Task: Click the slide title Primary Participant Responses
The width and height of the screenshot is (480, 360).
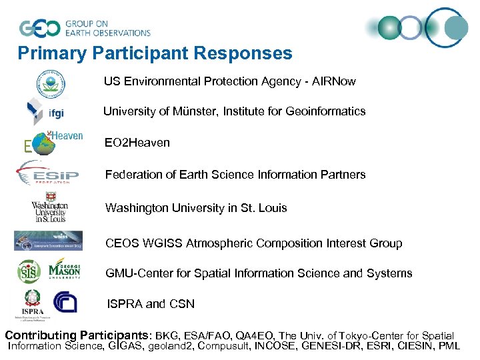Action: point(155,53)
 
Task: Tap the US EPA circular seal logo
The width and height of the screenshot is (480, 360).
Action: point(51,83)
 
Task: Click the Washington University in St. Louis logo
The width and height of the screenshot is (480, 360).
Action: point(49,209)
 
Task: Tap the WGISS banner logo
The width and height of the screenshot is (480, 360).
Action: point(49,240)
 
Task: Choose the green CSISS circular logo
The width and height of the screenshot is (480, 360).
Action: point(29,271)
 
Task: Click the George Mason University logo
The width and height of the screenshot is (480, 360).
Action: point(64,271)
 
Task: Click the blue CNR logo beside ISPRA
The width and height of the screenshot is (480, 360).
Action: point(65,302)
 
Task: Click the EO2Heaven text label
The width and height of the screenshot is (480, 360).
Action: point(137,143)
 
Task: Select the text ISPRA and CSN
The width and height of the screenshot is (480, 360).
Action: point(151,304)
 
